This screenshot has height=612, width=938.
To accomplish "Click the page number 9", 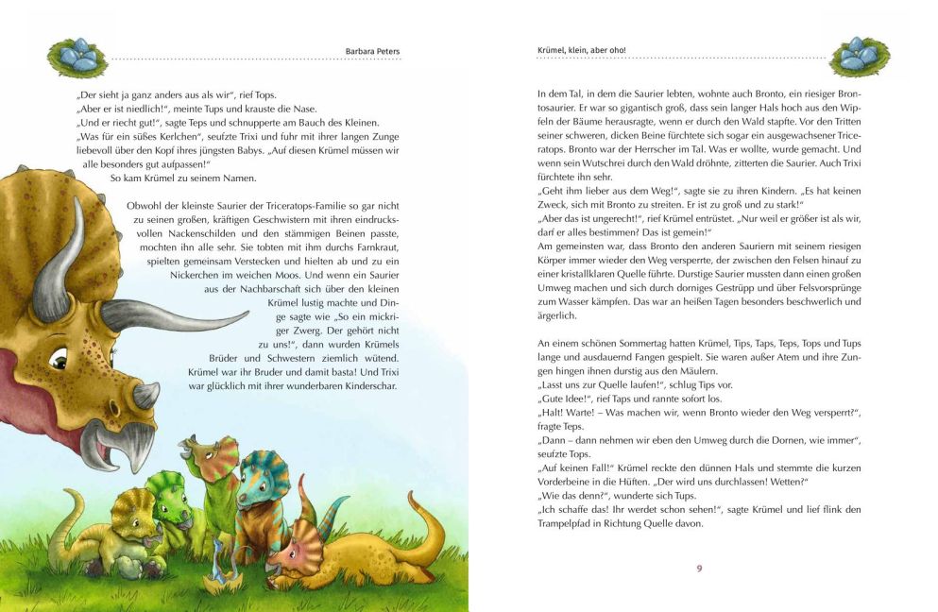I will [x=699, y=568].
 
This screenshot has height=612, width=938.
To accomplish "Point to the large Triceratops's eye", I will [x=59, y=360].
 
